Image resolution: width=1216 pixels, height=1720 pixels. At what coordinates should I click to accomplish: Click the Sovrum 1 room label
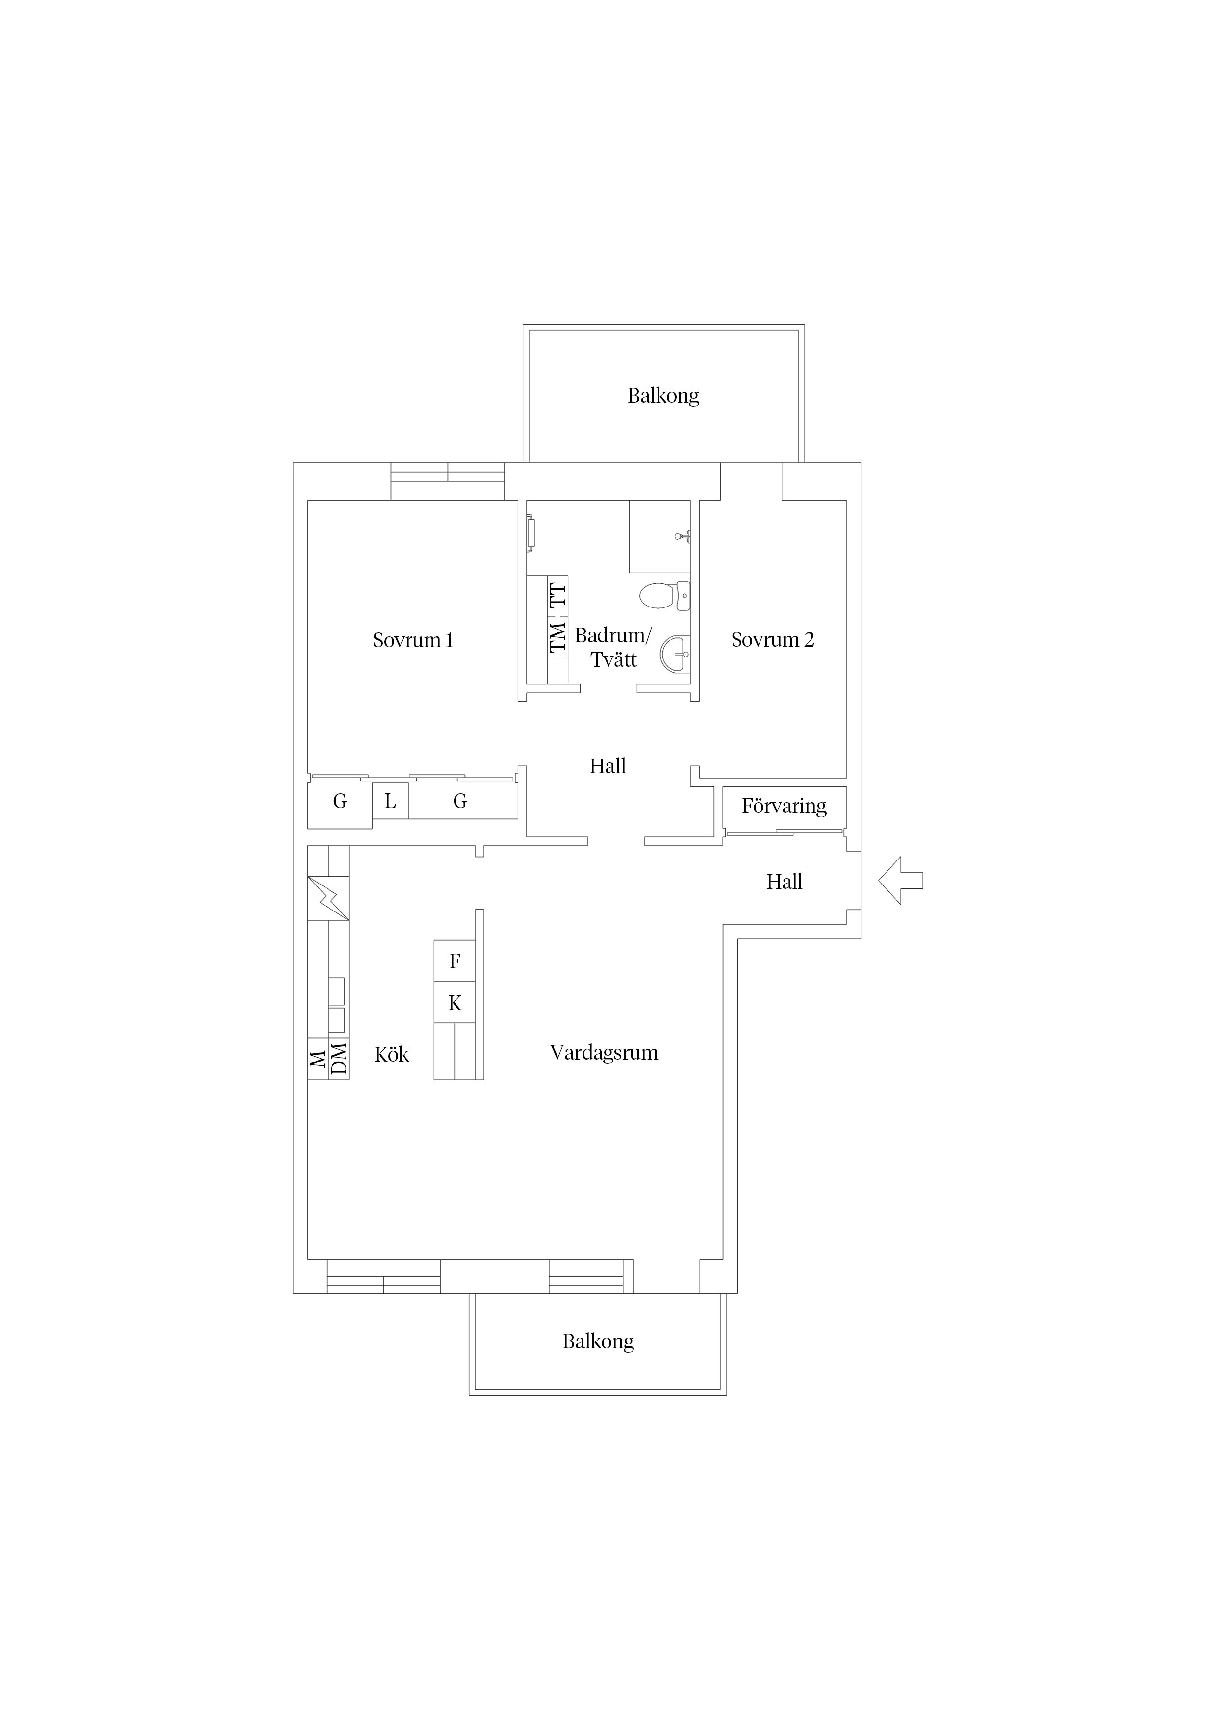tap(413, 640)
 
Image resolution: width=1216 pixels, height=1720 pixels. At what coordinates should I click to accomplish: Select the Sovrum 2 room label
tap(772, 640)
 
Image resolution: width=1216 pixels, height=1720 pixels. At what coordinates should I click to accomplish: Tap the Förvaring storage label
tap(785, 806)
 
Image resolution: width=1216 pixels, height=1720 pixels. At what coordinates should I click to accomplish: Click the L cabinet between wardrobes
tap(390, 801)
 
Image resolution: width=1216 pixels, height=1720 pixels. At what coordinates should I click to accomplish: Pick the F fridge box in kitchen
tap(455, 961)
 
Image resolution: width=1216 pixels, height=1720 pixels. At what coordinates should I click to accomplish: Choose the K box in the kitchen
tap(455, 1002)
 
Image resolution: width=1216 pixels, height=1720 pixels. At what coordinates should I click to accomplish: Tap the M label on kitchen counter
tap(318, 1059)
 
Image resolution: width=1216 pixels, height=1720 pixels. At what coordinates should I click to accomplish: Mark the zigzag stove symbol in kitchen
tap(328, 898)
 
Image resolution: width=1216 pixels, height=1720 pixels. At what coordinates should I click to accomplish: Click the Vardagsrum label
tap(604, 1053)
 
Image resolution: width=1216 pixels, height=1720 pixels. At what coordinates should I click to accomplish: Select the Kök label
tap(392, 1054)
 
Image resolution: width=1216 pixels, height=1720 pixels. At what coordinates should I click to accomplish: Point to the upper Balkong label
tap(663, 396)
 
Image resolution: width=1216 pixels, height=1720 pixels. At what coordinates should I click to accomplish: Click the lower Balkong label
tap(598, 1341)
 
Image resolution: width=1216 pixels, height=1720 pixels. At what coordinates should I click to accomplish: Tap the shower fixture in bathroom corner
tap(683, 535)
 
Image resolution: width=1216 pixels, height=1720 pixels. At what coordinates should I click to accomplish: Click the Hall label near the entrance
tap(785, 882)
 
